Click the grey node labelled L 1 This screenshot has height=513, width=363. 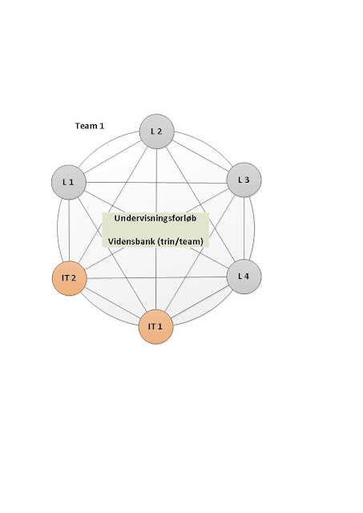pyautogui.click(x=69, y=182)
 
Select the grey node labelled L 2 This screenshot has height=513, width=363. pyautogui.click(x=156, y=131)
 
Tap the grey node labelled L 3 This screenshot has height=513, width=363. pyautogui.click(x=244, y=180)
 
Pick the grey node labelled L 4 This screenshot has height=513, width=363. pyautogui.click(x=244, y=277)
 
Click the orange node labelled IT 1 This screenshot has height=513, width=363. pyautogui.click(x=155, y=327)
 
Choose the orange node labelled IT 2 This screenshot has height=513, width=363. pyautogui.click(x=70, y=278)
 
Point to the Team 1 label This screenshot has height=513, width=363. pyautogui.click(x=90, y=126)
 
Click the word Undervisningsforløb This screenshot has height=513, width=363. pyautogui.click(x=155, y=218)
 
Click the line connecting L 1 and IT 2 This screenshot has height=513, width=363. pyautogui.click(x=69, y=230)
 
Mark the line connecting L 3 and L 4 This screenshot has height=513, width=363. pyautogui.click(x=244, y=228)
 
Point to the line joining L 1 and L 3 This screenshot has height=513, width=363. pyautogui.click(x=156, y=183)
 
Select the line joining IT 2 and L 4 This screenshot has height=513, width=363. pyautogui.click(x=156, y=277)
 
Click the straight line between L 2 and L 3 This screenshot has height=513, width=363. pyautogui.click(x=200, y=156)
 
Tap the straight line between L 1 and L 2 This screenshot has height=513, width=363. pyautogui.click(x=112, y=157)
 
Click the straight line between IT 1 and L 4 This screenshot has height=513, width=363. pyautogui.click(x=200, y=301)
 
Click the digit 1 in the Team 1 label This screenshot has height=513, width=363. pyautogui.click(x=102, y=126)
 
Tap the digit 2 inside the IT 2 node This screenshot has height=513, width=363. pyautogui.click(x=74, y=278)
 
